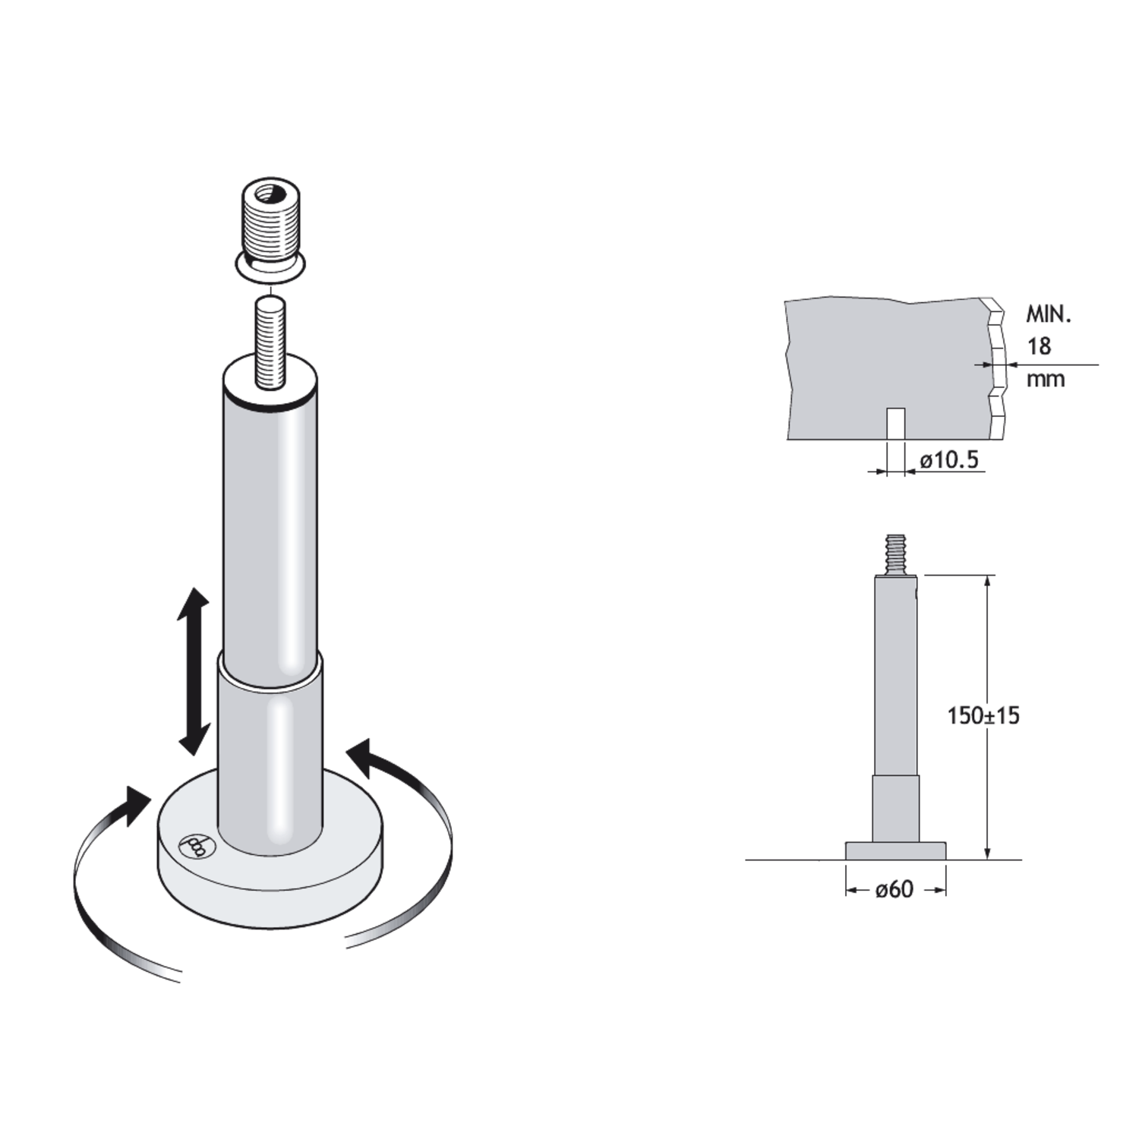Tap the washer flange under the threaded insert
tap(271, 267)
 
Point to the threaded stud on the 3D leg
tap(271, 343)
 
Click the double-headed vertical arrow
tap(194, 671)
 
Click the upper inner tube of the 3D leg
tap(270, 516)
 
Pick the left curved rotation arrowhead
tap(134, 806)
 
